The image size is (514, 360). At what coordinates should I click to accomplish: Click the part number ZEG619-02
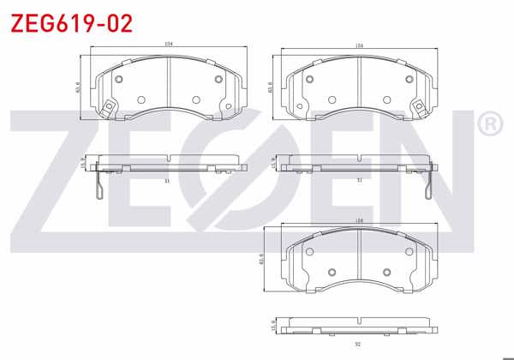click(71, 23)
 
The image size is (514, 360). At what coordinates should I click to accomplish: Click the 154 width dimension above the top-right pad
click(357, 45)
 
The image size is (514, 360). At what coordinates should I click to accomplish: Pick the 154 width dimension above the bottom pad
click(359, 221)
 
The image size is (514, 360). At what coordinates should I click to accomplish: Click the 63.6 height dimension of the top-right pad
click(270, 87)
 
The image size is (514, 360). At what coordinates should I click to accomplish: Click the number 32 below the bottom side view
click(359, 345)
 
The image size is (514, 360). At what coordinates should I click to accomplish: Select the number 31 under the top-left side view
click(167, 180)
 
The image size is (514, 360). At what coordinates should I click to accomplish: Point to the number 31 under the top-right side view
click(359, 180)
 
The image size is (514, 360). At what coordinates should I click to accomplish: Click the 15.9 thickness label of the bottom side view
click(272, 327)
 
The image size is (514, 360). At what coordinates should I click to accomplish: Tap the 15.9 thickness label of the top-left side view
click(82, 164)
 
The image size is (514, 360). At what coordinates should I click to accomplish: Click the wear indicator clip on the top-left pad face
click(108, 108)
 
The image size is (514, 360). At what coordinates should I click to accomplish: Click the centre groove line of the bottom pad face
click(359, 257)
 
